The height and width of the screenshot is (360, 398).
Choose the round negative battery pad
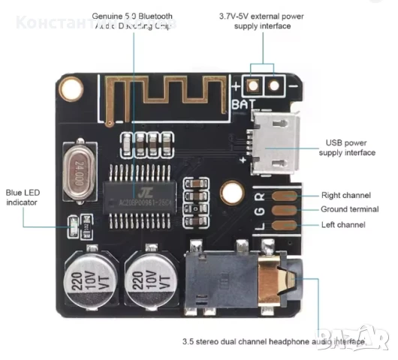click(273, 86)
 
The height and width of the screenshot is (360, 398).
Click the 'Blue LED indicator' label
click(22, 197)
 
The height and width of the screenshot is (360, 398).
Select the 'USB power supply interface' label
click(347, 147)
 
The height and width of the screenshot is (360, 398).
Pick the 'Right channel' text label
click(342, 195)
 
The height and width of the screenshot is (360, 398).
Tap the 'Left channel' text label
click(342, 224)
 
